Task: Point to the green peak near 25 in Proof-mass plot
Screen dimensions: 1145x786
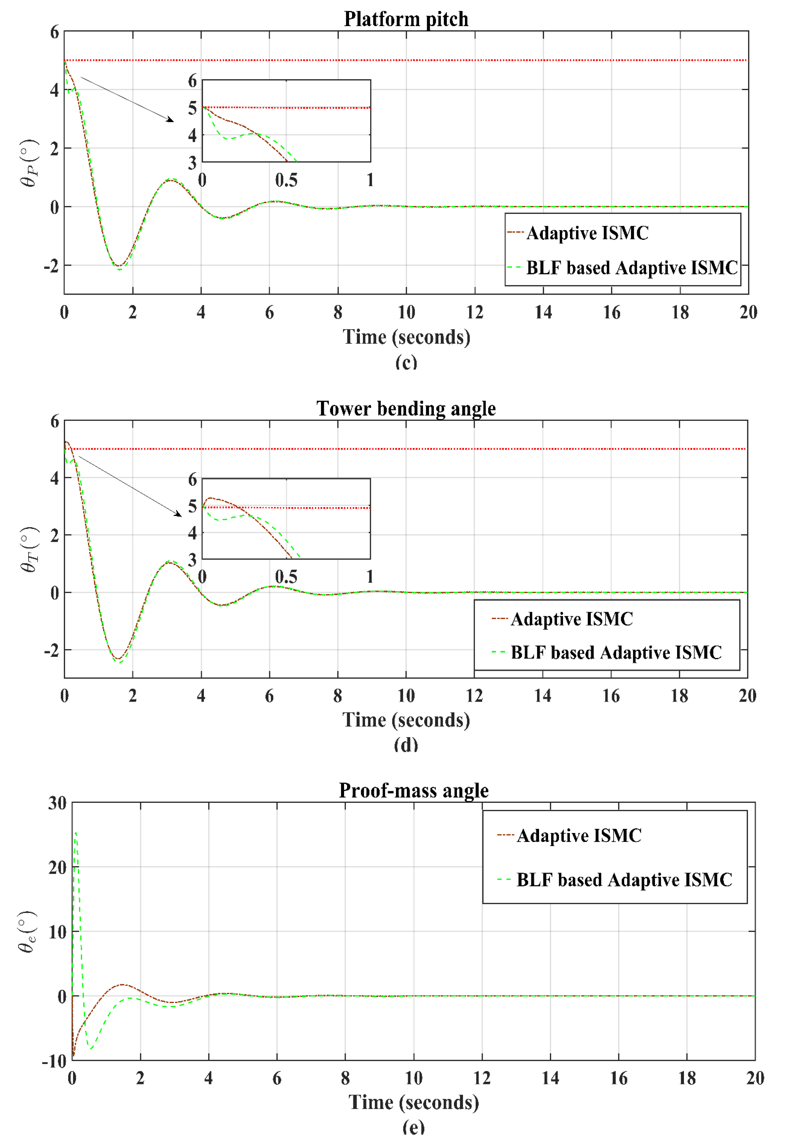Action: tap(75, 833)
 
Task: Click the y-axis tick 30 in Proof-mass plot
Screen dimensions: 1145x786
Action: tap(57, 803)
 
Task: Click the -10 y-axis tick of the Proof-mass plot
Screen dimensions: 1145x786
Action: tap(54, 1061)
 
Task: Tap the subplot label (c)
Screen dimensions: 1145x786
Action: tap(406, 363)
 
